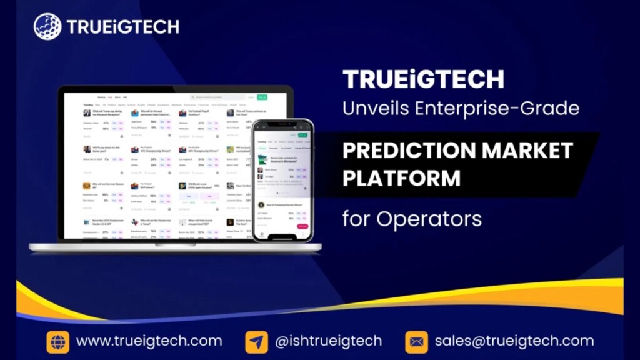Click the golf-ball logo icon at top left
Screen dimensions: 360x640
point(47,26)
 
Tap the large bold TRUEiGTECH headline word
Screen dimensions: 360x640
point(423,79)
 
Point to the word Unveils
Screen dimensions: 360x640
point(373,108)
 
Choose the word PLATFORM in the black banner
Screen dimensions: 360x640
point(401,178)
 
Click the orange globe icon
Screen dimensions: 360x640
point(57,341)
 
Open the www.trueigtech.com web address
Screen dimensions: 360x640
point(149,341)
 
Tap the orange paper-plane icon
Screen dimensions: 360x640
point(257,341)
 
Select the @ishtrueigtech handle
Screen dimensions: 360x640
point(328,341)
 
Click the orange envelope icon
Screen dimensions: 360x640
point(416,341)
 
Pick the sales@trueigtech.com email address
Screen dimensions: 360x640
point(514,341)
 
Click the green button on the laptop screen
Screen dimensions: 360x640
point(262,97)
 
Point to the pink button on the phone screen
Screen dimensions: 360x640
point(302,226)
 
